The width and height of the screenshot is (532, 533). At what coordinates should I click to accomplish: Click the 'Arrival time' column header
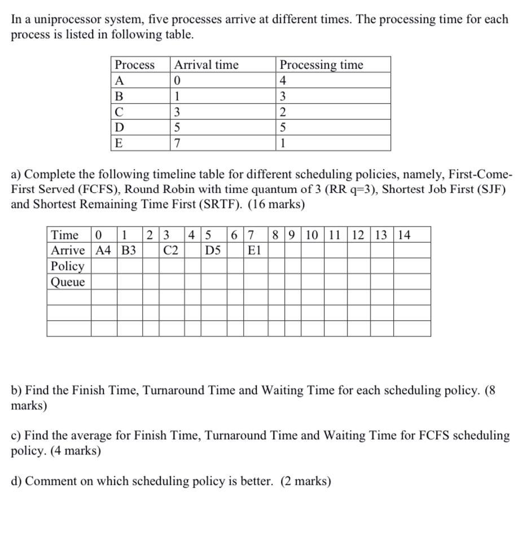(x=206, y=65)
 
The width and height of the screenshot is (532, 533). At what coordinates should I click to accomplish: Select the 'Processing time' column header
(x=322, y=65)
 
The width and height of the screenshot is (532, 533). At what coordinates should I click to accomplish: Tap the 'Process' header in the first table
(x=135, y=65)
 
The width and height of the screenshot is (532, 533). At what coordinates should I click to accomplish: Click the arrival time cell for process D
(x=178, y=127)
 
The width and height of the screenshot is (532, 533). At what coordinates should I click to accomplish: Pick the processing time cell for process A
(x=283, y=80)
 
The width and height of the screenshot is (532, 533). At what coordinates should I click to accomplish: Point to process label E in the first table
(x=118, y=143)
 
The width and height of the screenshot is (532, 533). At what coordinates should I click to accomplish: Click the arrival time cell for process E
(x=178, y=143)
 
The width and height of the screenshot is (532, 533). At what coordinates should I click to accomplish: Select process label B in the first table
(x=118, y=96)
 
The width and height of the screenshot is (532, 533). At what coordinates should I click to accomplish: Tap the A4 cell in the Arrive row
(x=104, y=250)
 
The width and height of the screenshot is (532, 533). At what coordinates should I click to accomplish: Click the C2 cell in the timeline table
(x=171, y=250)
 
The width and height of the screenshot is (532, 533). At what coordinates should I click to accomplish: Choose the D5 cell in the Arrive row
(x=213, y=250)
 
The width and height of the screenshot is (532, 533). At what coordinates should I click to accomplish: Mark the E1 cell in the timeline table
(x=254, y=250)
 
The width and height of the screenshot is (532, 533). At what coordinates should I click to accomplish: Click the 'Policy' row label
(x=68, y=266)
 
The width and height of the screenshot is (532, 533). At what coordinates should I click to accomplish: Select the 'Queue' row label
(x=68, y=281)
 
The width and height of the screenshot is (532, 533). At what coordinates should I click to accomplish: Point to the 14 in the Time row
(x=405, y=235)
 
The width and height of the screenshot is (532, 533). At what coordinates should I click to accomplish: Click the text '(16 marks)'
(x=276, y=204)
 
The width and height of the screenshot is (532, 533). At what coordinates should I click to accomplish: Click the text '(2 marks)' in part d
(x=306, y=481)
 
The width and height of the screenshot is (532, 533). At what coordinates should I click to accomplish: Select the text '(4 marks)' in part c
(x=76, y=451)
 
